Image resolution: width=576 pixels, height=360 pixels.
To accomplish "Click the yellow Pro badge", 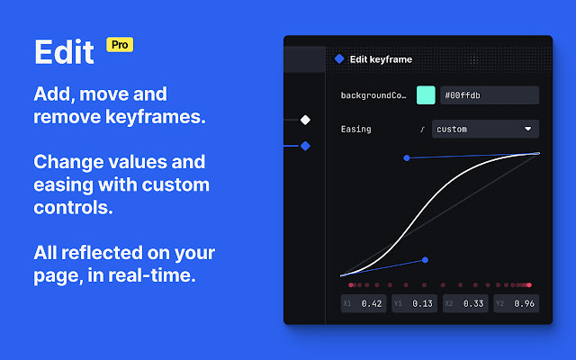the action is point(120,45).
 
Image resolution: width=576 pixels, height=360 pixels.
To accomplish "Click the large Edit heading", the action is point(64,52).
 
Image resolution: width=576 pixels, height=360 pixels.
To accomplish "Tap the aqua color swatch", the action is point(426,95).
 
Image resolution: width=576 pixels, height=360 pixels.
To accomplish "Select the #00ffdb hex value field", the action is point(490,95).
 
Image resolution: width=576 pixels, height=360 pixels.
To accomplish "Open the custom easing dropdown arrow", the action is point(528,129).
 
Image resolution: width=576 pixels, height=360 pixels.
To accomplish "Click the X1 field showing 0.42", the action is point(364,303).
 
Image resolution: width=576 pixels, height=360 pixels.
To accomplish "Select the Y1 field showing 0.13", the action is point(414,303).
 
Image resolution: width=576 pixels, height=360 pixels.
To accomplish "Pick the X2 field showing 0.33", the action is point(465,303).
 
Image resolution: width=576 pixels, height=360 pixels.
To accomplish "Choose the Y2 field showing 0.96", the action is point(516,303).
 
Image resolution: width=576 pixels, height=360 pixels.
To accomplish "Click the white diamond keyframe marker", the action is point(305,120).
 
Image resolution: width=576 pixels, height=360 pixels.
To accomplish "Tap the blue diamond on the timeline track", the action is point(305,146).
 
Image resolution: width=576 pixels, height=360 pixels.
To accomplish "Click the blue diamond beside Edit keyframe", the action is point(339,58).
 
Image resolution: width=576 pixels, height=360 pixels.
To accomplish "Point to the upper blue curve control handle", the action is point(407,158).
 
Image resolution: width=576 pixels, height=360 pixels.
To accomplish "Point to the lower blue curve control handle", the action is point(425,260).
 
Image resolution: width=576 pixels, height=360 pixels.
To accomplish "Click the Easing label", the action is point(356,130).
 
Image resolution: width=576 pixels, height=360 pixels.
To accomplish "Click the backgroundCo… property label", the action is point(373,95).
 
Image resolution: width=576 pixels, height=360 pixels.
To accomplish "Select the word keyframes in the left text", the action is point(156,117).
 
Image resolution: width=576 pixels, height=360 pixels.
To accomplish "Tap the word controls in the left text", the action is point(73,208).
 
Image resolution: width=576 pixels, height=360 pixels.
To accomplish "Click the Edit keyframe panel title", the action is point(381,59).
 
